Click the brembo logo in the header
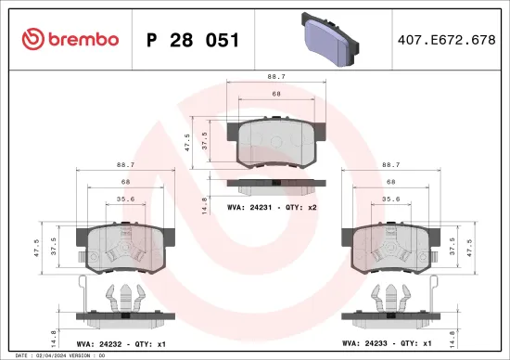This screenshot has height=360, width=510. (70, 39)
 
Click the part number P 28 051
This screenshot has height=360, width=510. (193, 40)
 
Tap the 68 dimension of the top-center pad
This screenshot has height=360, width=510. (274, 93)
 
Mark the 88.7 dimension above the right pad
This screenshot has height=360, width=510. (390, 165)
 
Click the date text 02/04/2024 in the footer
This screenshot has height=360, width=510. (53, 355)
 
